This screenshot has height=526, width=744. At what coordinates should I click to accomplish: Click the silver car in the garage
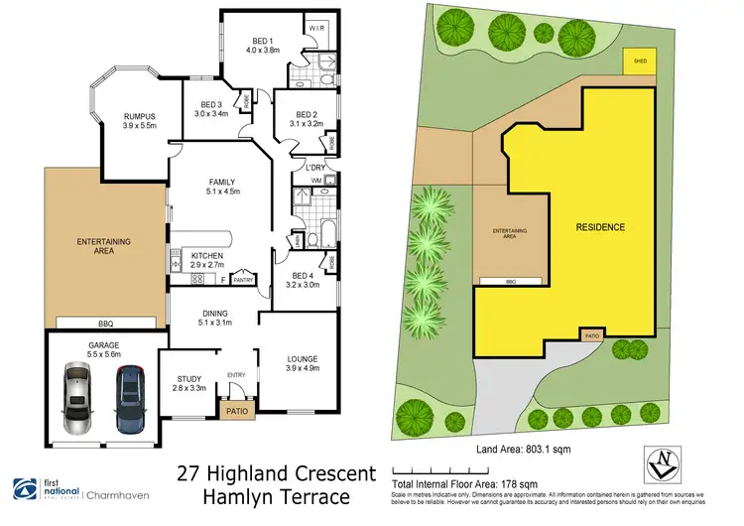[x=78, y=399]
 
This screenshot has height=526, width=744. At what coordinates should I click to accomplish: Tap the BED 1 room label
[x=260, y=40]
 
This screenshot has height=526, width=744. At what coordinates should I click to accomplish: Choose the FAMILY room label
[x=220, y=182]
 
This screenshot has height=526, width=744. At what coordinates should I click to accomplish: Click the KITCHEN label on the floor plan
[x=206, y=257]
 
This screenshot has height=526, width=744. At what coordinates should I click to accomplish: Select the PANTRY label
[x=244, y=280]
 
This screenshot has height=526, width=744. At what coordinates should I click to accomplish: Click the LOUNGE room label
[x=291, y=358]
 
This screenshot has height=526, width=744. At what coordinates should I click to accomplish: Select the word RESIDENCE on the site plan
[x=600, y=227]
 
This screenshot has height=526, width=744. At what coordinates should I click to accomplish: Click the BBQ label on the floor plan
[x=104, y=324]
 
